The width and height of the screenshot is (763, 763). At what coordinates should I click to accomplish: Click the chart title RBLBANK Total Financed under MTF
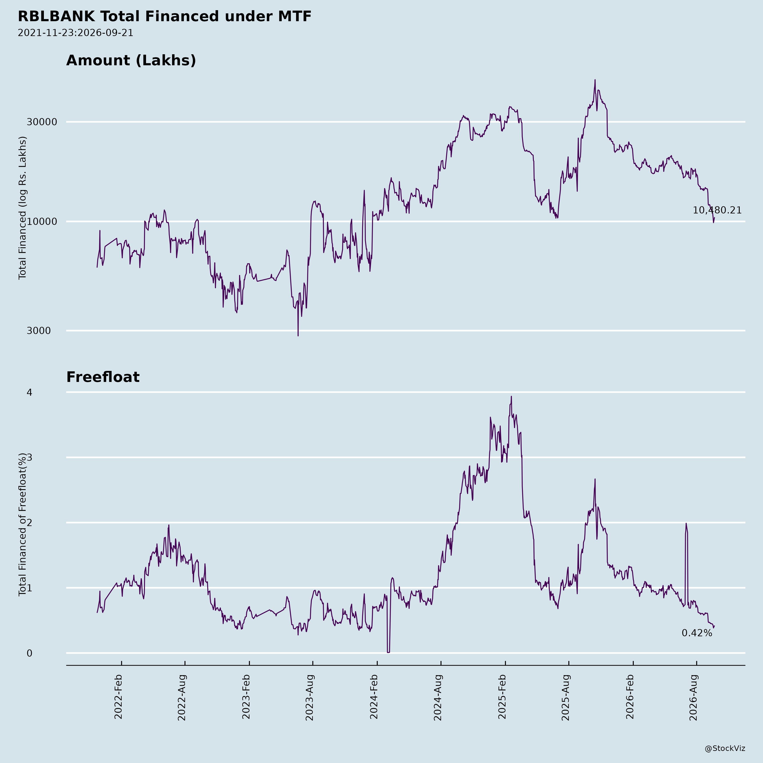(x=165, y=17)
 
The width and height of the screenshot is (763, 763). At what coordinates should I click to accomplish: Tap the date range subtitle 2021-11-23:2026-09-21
(x=75, y=33)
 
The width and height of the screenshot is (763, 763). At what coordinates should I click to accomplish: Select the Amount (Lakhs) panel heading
(x=131, y=60)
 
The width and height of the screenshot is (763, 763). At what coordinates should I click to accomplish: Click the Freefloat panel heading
(x=103, y=377)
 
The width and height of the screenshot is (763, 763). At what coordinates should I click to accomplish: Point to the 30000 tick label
(x=42, y=122)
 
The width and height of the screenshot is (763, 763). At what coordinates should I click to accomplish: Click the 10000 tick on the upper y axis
(x=42, y=221)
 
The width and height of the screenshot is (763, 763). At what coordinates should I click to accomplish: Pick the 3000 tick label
(x=39, y=331)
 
